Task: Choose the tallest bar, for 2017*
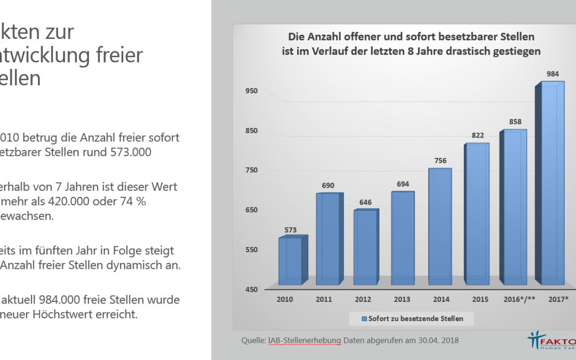click(x=553, y=184)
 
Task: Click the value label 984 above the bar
click(x=553, y=74)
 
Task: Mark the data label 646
click(x=364, y=202)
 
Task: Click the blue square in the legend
click(x=364, y=319)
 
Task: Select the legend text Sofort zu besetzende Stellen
click(x=415, y=319)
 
